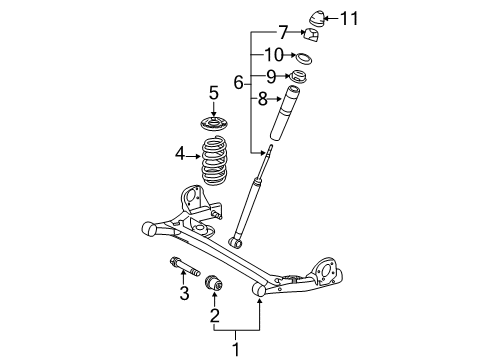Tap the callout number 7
[283, 32]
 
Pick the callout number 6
[238, 82]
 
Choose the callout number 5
[212, 93]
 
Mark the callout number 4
[182, 154]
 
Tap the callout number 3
[183, 293]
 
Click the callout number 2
[211, 319]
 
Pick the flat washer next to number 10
[305, 57]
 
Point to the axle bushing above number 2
[212, 288]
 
